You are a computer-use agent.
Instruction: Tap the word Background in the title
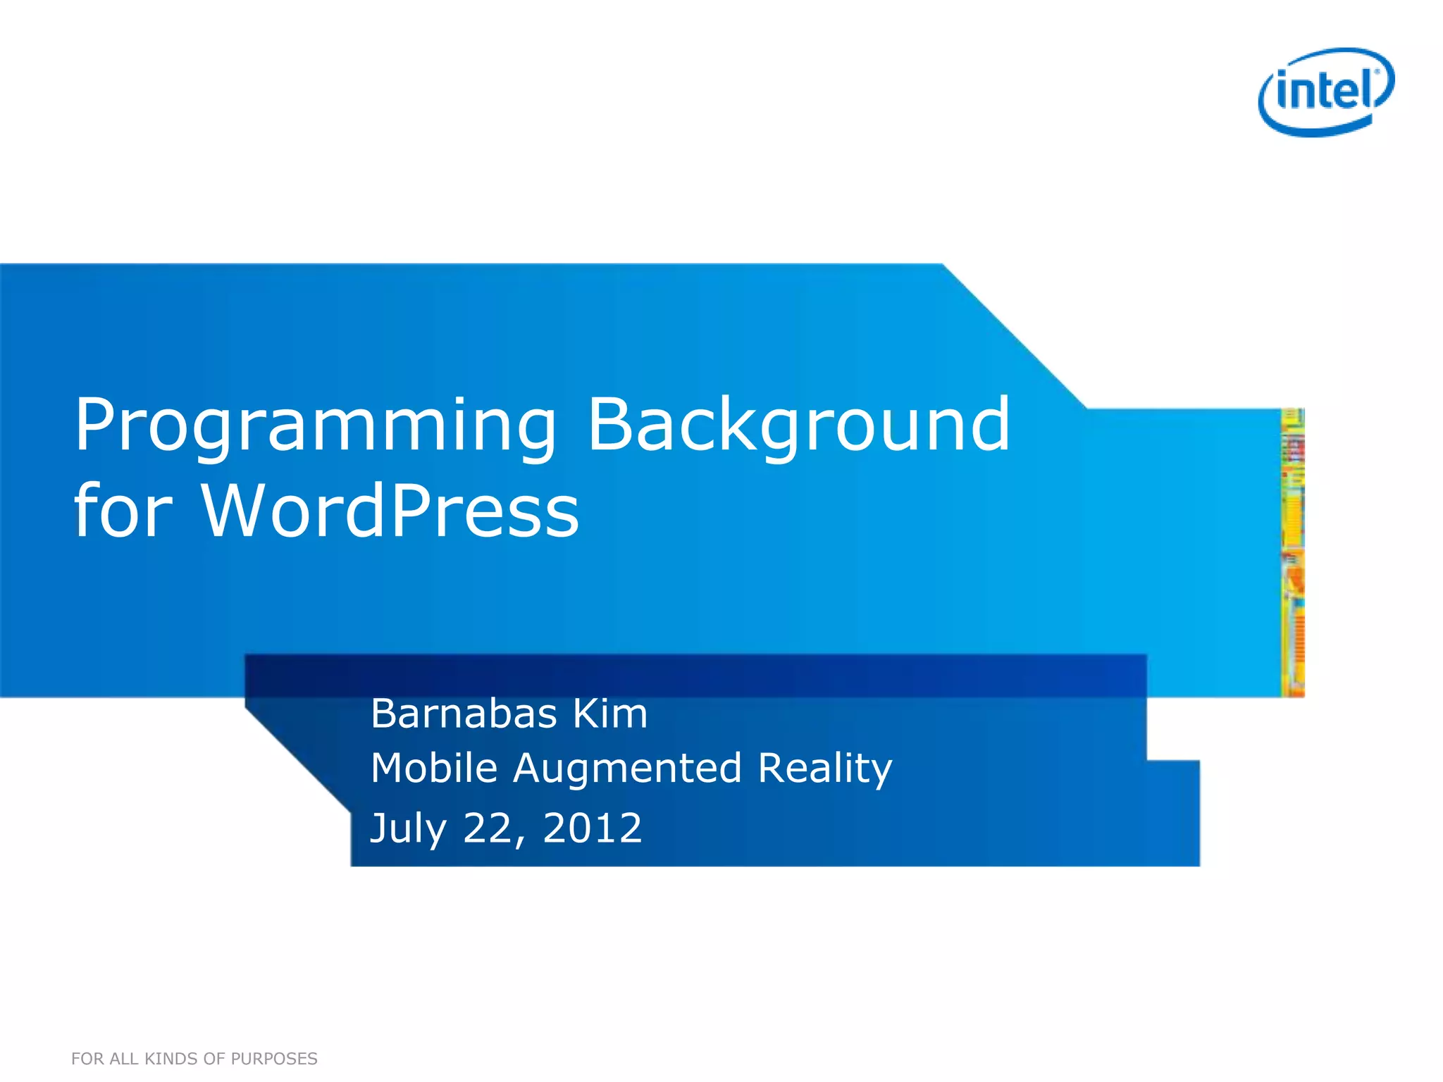point(798,426)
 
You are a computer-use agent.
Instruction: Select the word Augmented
point(627,769)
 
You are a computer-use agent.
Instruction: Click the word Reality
point(825,769)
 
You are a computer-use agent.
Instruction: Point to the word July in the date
point(408,828)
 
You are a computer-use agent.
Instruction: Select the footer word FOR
point(87,1059)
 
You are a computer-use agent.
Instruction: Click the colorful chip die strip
point(1292,553)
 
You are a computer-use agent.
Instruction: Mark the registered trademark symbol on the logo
point(1377,72)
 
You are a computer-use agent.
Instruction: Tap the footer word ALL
point(124,1059)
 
